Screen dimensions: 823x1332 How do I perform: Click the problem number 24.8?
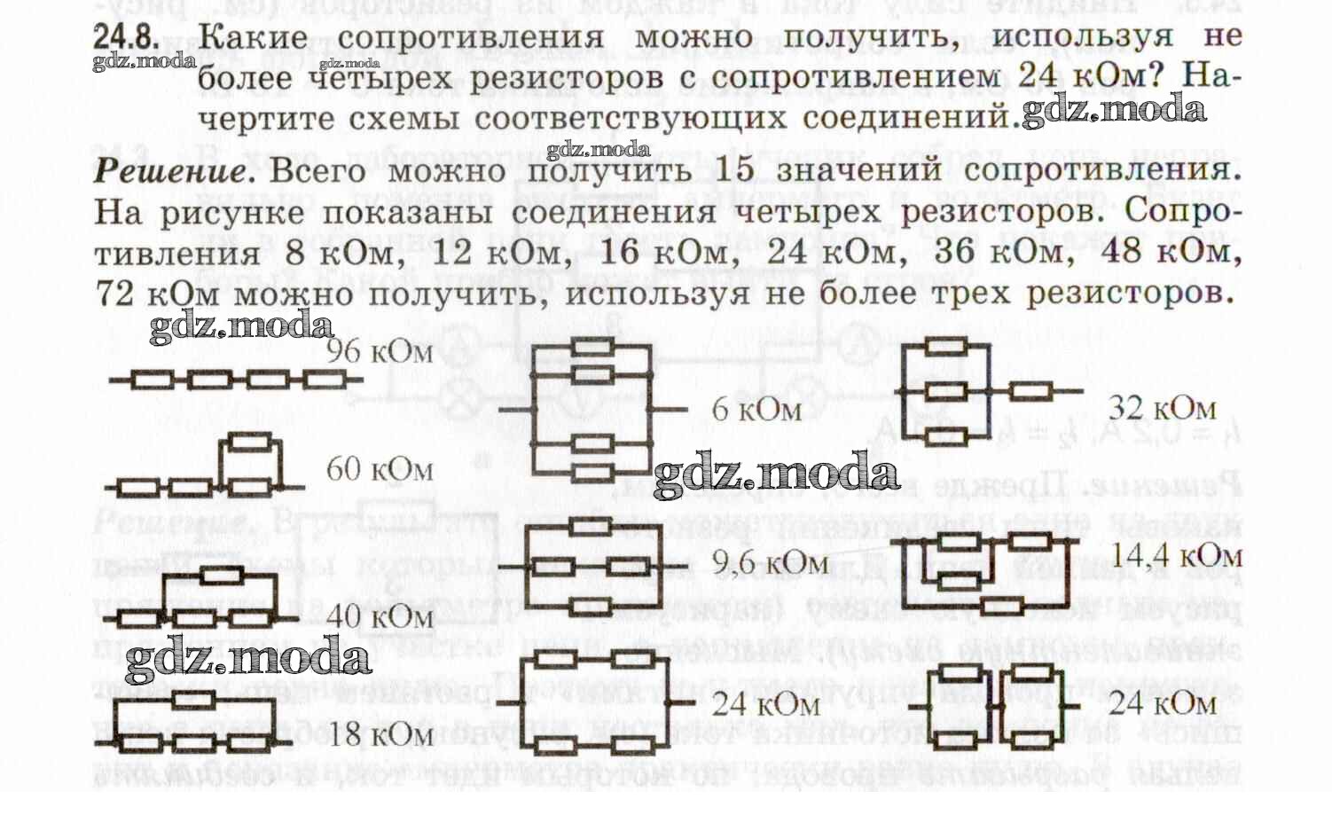[126, 38]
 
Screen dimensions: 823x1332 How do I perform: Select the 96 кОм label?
[380, 352]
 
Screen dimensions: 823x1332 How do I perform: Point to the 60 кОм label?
[380, 469]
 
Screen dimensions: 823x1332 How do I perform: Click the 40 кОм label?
[380, 616]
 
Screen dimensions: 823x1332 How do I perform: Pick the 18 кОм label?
[380, 734]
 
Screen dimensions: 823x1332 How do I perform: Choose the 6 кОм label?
[756, 410]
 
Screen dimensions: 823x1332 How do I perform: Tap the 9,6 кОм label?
[770, 563]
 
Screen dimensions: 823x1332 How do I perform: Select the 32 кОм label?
[1162, 408]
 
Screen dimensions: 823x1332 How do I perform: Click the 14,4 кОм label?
[1176, 556]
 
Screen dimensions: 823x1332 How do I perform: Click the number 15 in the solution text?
[733, 169]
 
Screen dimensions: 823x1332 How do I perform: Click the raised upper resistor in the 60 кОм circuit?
[250, 441]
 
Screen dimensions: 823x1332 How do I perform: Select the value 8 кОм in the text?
[339, 254]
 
